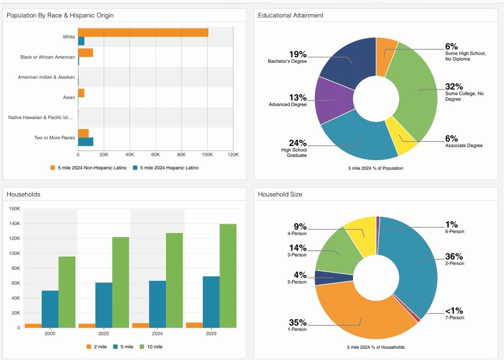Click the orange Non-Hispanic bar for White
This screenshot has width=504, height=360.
pyautogui.click(x=143, y=32)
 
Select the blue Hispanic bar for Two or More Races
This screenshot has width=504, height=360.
pyautogui.click(x=86, y=142)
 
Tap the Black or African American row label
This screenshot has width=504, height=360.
pyautogui.click(x=47, y=57)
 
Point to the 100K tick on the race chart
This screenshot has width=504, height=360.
pyautogui.click(x=207, y=154)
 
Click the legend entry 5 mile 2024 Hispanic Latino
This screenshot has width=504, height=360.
pyautogui.click(x=165, y=168)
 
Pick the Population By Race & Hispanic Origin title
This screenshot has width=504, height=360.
pyautogui.click(x=60, y=15)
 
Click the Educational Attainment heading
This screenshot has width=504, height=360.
pyautogui.click(x=291, y=15)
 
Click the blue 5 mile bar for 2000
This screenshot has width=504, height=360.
pyautogui.click(x=50, y=309)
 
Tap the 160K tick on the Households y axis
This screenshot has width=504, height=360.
pyautogui.click(x=14, y=209)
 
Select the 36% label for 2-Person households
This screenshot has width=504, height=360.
pyautogui.click(x=454, y=256)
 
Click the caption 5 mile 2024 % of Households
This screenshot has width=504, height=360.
pyautogui.click(x=376, y=347)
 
